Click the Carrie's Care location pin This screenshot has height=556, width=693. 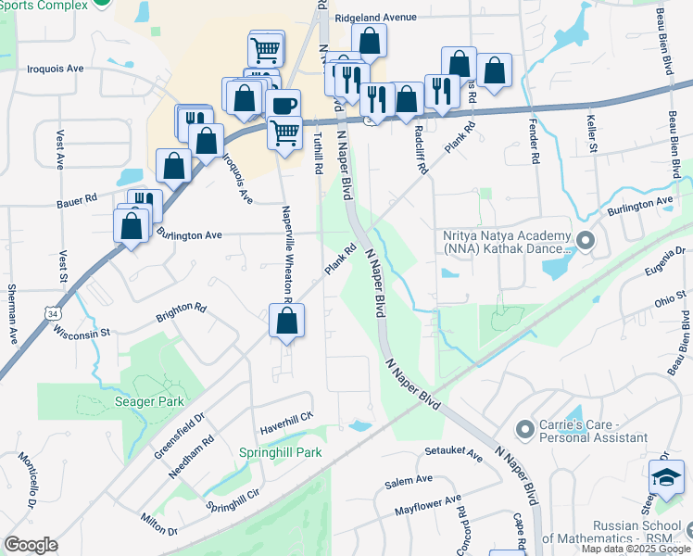525,429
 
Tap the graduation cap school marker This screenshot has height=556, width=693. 666,478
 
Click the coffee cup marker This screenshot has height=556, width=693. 284,104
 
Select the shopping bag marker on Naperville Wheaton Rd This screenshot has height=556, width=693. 287,322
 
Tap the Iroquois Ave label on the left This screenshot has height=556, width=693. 56,69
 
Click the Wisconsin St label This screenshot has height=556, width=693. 82,331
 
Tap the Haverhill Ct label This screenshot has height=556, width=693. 286,422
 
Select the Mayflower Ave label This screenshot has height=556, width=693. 427,506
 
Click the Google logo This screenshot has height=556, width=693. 31,545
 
